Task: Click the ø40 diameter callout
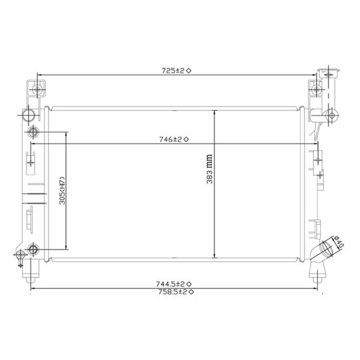(x=337, y=241)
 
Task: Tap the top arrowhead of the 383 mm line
(x=214, y=112)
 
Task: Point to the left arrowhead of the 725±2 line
(x=39, y=74)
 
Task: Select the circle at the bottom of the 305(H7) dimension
(x=35, y=251)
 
